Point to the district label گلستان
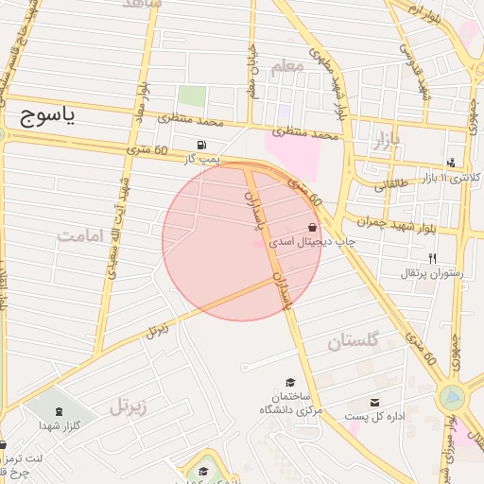pyautogui.click(x=353, y=341)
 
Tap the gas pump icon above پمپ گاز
pyautogui.click(x=200, y=145)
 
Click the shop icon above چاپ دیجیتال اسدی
pyautogui.click(x=313, y=227)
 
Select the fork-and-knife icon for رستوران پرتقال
pyautogui.click(x=432, y=258)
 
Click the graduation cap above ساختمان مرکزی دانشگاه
pyautogui.click(x=289, y=381)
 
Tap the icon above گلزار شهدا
pyautogui.click(x=60, y=411)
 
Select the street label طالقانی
pyautogui.click(x=391, y=185)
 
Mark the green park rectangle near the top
pyautogui.click(x=192, y=96)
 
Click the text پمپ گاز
pyautogui.click(x=200, y=160)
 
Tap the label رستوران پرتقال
pyautogui.click(x=431, y=274)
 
